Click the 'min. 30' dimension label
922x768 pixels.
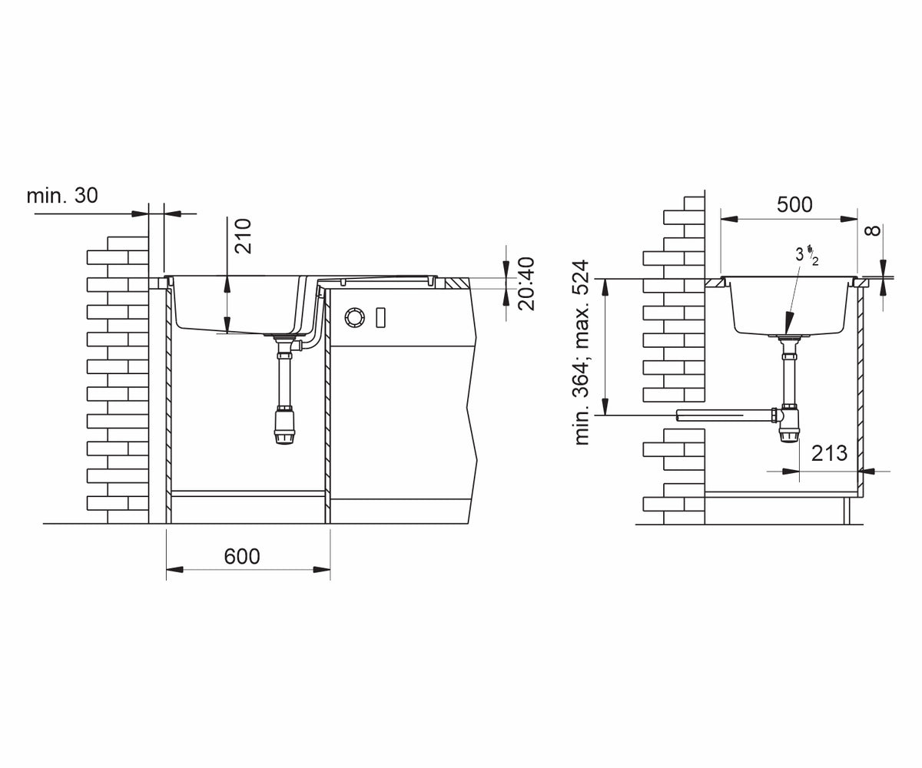[62, 196]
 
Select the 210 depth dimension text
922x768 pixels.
[243, 236]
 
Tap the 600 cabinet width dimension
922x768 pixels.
[241, 557]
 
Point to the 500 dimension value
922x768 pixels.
[794, 205]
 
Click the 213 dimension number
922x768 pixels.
[829, 453]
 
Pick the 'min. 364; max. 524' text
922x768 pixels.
[582, 353]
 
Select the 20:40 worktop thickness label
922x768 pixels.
[526, 284]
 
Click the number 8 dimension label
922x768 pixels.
[875, 230]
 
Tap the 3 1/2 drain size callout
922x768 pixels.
[807, 256]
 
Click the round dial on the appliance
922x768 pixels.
[354, 317]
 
